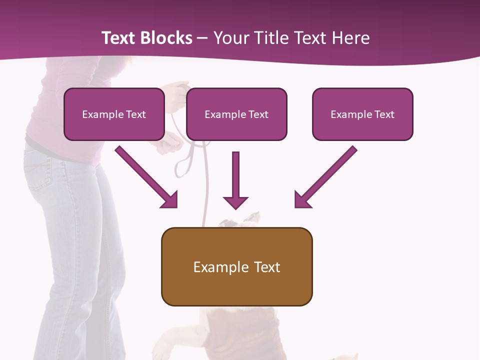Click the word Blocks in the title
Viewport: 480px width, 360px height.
coord(166,38)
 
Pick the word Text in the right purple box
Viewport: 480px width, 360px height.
coord(384,114)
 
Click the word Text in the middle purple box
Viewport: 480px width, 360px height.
coord(258,114)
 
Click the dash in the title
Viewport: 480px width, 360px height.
coord(202,38)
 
